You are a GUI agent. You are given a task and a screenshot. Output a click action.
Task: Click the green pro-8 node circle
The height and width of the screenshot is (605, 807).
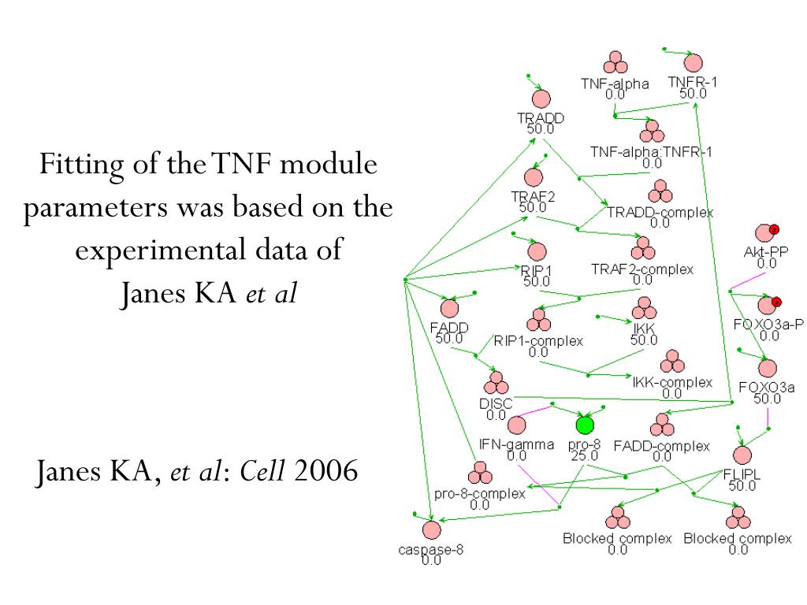click(584, 425)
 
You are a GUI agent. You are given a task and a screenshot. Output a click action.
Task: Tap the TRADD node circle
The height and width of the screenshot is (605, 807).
click(541, 99)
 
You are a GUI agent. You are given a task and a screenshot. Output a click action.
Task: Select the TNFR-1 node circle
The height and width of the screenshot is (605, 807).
click(693, 64)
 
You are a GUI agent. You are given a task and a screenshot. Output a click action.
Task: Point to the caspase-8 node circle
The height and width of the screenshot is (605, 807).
click(430, 530)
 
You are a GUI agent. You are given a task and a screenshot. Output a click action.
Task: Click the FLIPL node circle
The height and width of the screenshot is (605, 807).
click(742, 455)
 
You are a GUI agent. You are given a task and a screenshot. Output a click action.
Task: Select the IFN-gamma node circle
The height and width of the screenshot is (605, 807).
click(516, 425)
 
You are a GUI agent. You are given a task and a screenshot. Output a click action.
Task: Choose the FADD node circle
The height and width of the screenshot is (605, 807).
click(450, 309)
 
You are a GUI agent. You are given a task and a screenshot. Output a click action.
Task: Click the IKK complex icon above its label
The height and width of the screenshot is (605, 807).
click(643, 308)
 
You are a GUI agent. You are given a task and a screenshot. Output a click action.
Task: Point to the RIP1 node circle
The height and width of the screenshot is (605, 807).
click(537, 252)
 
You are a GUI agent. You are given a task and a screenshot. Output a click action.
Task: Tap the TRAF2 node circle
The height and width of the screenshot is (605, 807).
click(534, 179)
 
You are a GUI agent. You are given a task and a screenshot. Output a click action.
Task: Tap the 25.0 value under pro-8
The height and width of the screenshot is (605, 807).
click(584, 455)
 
